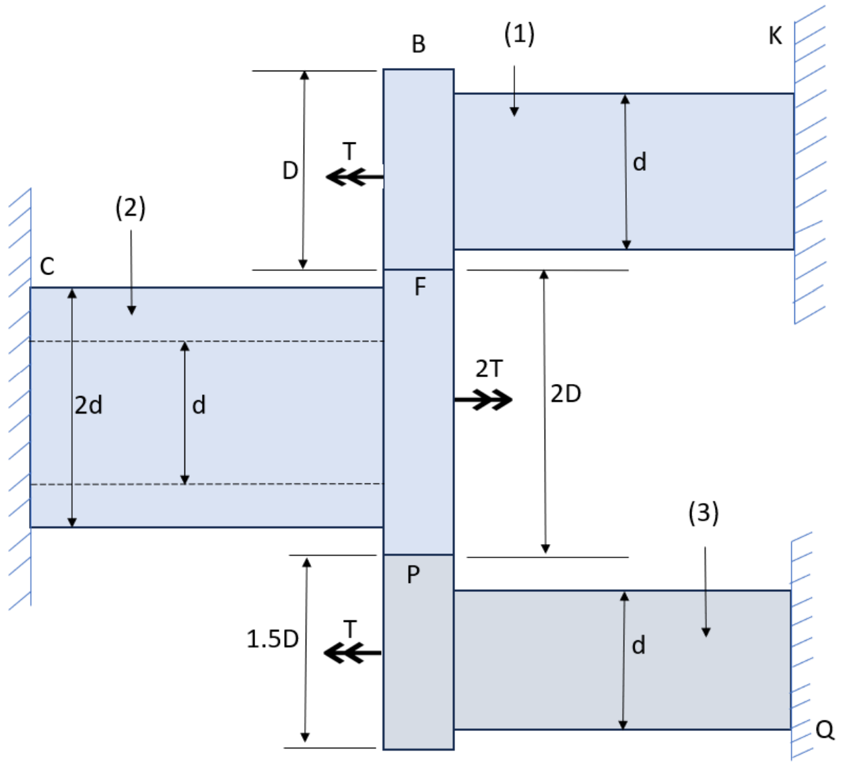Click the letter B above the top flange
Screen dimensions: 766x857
point(418,44)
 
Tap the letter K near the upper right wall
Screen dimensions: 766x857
point(775,36)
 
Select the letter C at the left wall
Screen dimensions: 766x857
point(46,267)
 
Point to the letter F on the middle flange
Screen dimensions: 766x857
point(419,287)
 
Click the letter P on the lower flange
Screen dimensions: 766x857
point(413,574)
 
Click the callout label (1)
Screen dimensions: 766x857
point(519,34)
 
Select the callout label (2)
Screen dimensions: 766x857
point(130,208)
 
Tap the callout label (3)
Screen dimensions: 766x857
point(703,512)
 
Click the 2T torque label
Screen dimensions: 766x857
point(489,369)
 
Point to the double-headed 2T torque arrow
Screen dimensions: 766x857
point(483,399)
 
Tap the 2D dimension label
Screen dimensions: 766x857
point(565,393)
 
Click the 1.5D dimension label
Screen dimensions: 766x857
point(272,639)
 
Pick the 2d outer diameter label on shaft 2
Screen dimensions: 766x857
point(88,406)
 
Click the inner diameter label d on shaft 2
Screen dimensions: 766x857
point(199,406)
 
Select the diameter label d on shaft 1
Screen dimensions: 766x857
point(640,162)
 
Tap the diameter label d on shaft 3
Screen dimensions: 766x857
point(638,646)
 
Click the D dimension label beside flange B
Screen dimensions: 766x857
point(289,171)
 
